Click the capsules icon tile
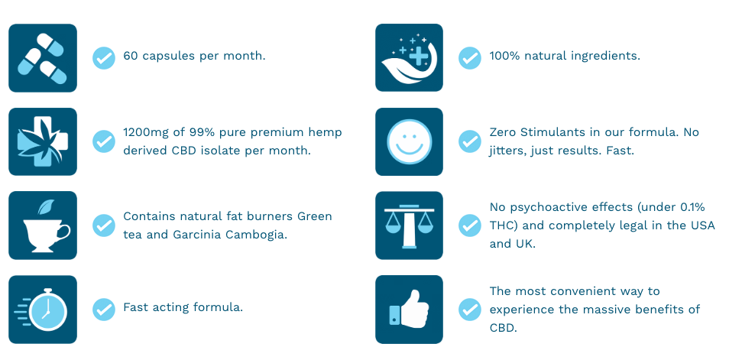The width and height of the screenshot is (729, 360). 43,57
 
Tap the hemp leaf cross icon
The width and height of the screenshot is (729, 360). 43,141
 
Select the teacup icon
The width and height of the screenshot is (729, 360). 43,225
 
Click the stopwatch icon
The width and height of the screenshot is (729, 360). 43,310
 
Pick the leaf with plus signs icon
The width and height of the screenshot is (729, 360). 409,57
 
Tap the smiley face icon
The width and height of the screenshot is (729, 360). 409,141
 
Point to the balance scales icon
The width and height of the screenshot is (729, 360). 409,225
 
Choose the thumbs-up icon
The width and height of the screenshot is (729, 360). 409,310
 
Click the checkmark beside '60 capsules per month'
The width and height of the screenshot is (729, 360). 104,57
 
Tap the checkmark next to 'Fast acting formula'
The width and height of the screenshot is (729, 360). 104,310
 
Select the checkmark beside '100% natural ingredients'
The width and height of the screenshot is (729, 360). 470,57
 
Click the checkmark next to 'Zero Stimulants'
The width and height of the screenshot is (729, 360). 470,141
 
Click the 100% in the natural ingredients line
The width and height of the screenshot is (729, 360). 505,56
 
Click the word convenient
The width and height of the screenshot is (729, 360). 579,291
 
